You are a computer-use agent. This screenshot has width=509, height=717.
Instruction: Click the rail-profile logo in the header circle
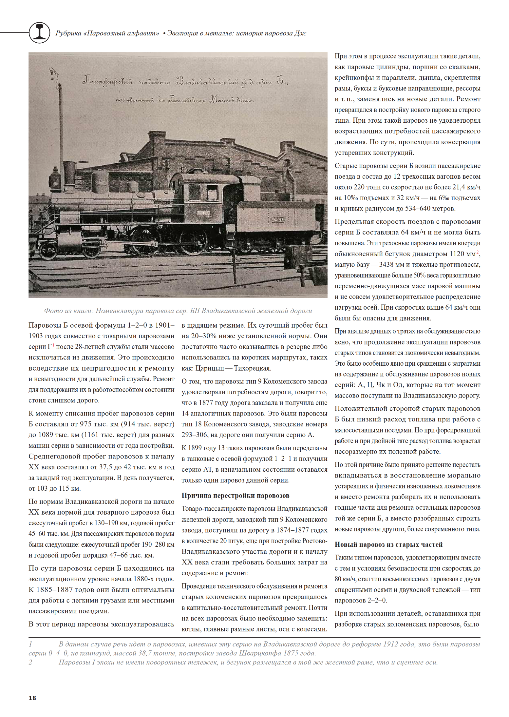40,33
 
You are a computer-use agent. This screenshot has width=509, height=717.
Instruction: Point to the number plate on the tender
277,219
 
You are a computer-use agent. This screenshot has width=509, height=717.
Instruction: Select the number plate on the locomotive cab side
203,213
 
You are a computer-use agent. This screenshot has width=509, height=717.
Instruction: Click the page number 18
32,698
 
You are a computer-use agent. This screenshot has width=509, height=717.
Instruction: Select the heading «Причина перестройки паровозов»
236,495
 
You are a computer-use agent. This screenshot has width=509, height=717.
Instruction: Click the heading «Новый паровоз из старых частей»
388,544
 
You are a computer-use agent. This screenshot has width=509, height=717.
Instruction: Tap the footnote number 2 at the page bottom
30,662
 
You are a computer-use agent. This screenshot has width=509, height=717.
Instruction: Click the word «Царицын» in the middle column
208,368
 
